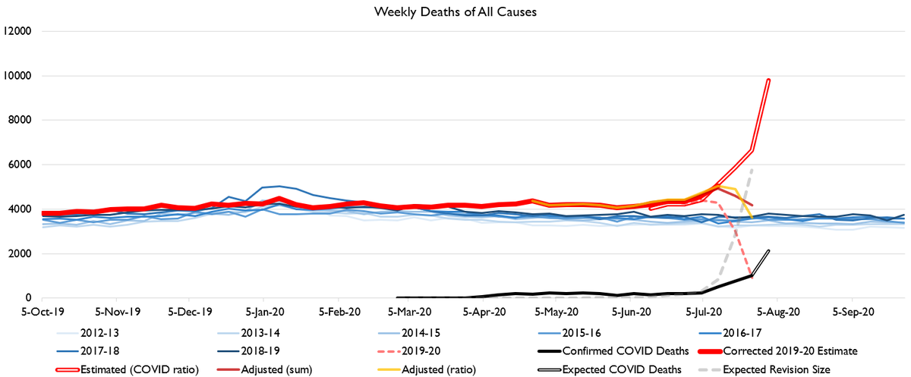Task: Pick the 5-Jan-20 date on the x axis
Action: [266, 311]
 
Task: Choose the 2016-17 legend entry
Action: [730, 332]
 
